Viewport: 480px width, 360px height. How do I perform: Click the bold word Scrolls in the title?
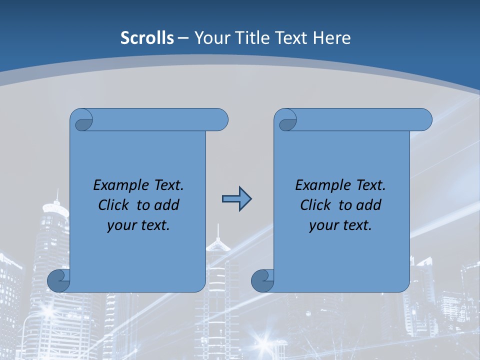pos(147,38)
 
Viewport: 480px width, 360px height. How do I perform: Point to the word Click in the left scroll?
pos(114,205)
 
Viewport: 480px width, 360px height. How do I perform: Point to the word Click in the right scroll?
pos(316,205)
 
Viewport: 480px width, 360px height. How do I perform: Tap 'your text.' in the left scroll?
pos(138,225)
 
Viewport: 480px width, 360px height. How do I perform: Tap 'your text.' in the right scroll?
pos(340,225)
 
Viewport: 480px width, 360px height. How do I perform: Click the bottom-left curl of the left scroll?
pos(58,280)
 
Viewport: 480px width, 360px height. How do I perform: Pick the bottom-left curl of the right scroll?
pos(262,280)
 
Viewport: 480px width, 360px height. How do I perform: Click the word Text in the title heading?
pos(292,38)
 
